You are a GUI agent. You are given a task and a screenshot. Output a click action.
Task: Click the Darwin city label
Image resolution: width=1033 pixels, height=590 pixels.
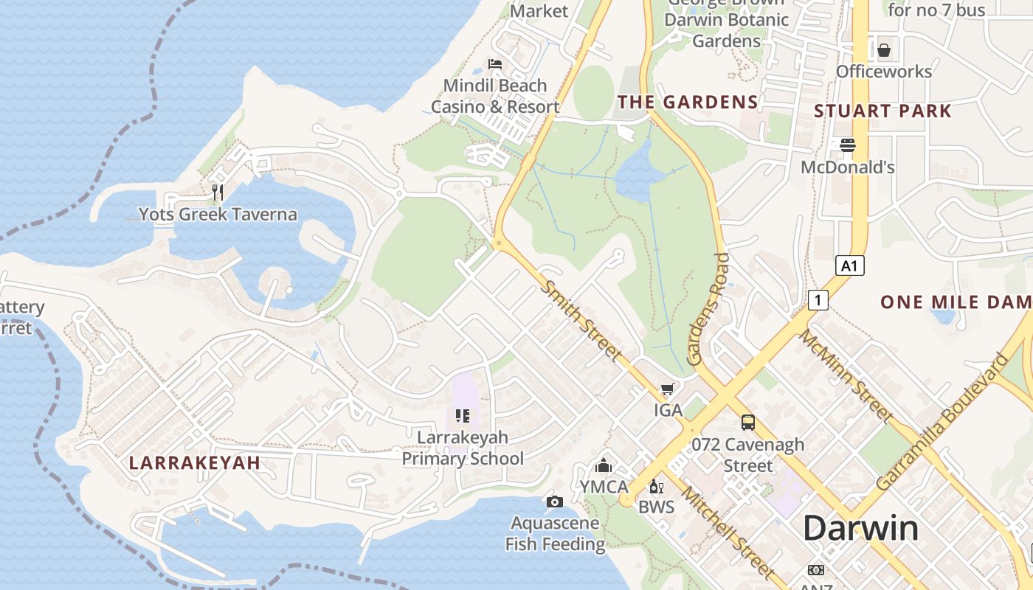pyautogui.click(x=860, y=529)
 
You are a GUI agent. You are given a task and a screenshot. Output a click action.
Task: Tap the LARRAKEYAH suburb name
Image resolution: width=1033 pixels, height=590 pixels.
pyautogui.click(x=194, y=463)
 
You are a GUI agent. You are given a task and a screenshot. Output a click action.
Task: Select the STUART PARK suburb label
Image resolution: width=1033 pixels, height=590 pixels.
pyautogui.click(x=882, y=111)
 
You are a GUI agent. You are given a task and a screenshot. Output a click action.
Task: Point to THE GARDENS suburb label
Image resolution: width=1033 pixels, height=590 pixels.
pyautogui.click(x=688, y=103)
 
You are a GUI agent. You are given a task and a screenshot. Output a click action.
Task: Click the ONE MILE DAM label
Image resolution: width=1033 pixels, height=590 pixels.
pyautogui.click(x=956, y=302)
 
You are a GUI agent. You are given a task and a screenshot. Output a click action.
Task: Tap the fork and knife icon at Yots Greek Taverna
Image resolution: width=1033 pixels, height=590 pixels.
pyautogui.click(x=217, y=192)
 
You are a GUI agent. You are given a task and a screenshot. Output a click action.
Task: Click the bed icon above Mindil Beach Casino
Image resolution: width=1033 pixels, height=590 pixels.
pyautogui.click(x=495, y=64)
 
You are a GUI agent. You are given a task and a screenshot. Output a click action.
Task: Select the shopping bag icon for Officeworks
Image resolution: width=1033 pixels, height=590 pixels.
pyautogui.click(x=883, y=50)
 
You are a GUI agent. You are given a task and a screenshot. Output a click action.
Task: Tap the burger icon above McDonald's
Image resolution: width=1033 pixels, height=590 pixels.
pyautogui.click(x=847, y=145)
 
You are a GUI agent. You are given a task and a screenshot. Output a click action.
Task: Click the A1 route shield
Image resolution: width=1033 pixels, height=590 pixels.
pyautogui.click(x=849, y=265)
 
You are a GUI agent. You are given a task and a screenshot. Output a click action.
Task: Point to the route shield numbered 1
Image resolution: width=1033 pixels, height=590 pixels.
pyautogui.click(x=818, y=300)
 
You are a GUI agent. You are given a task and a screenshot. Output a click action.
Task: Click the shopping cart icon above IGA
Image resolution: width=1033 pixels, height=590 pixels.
pyautogui.click(x=667, y=389)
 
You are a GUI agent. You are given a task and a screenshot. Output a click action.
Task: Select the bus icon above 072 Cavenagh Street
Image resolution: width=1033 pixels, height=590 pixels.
pyautogui.click(x=747, y=423)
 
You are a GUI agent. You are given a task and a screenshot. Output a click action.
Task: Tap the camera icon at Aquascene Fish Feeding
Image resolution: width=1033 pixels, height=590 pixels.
pyautogui.click(x=555, y=502)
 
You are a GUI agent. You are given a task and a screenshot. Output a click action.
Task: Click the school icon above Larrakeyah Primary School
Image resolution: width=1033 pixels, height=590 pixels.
pyautogui.click(x=463, y=416)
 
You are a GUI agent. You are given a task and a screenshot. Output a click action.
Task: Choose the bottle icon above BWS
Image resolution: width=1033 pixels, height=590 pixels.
pyautogui.click(x=654, y=487)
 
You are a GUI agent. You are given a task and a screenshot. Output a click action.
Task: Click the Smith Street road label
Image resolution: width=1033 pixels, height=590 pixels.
pyautogui.click(x=581, y=320)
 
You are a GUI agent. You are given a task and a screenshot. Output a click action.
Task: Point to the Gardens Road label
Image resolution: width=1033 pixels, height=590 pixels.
pyautogui.click(x=708, y=310)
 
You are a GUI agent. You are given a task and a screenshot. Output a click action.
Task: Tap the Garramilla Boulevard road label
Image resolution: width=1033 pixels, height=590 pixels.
pyautogui.click(x=944, y=422)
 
